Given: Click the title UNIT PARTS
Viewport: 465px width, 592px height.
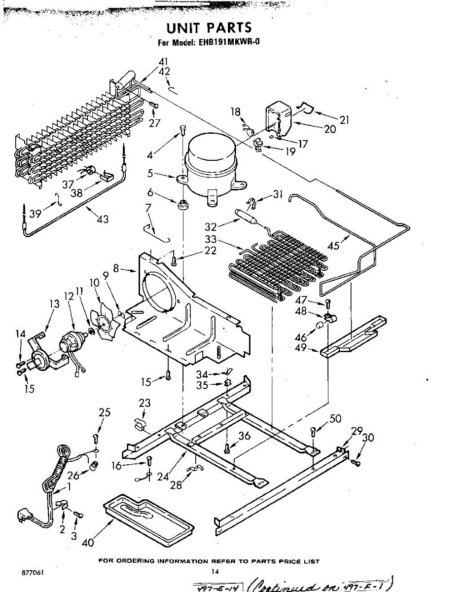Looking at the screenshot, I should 209,28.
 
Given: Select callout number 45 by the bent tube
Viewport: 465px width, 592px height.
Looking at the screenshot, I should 334,245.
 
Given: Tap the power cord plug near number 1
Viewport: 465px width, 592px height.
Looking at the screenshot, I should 24,516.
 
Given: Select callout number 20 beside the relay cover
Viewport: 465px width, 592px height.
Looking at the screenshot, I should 330,129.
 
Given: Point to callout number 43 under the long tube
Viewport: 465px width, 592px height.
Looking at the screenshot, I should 103,219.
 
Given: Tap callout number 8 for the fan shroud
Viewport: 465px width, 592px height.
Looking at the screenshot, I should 116,269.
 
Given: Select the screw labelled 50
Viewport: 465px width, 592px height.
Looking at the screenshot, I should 313,432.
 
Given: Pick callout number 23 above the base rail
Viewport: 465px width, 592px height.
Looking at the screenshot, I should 144,403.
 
